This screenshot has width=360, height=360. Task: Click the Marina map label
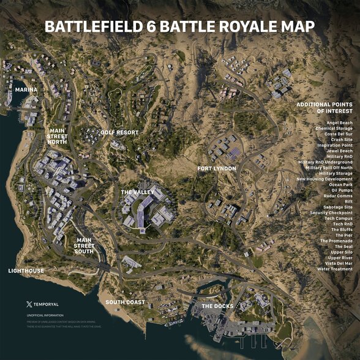26,89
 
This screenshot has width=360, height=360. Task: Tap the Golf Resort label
120,132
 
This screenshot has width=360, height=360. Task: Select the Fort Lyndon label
217,168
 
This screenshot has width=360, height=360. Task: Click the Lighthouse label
26,270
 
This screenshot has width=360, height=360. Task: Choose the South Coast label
125,302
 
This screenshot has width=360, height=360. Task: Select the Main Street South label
84,246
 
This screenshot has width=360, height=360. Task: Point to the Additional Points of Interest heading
324,108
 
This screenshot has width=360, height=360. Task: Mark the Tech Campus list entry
338,219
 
